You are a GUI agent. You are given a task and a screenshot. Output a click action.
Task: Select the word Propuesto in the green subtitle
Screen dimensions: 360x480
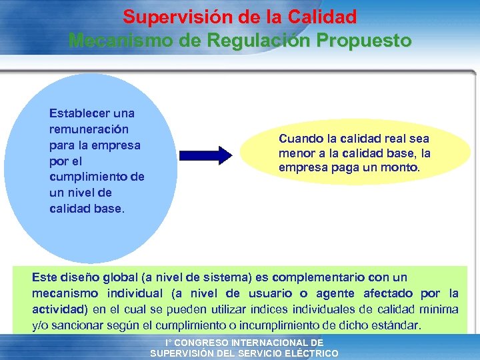[367, 40]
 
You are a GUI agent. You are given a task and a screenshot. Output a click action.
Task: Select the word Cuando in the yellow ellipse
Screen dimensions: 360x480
[299, 139]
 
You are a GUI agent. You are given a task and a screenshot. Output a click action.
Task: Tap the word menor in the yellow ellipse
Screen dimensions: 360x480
[297, 153]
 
